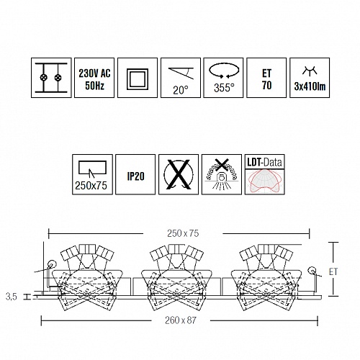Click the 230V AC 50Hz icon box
tap(94, 78)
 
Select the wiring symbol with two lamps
tap(51, 78)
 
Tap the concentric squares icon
tap(138, 79)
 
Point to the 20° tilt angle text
tap(181, 90)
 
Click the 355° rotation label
tap(224, 88)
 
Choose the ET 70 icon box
tap(266, 78)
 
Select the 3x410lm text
tap(310, 86)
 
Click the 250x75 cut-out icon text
tap(91, 186)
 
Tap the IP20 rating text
tap(135, 176)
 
